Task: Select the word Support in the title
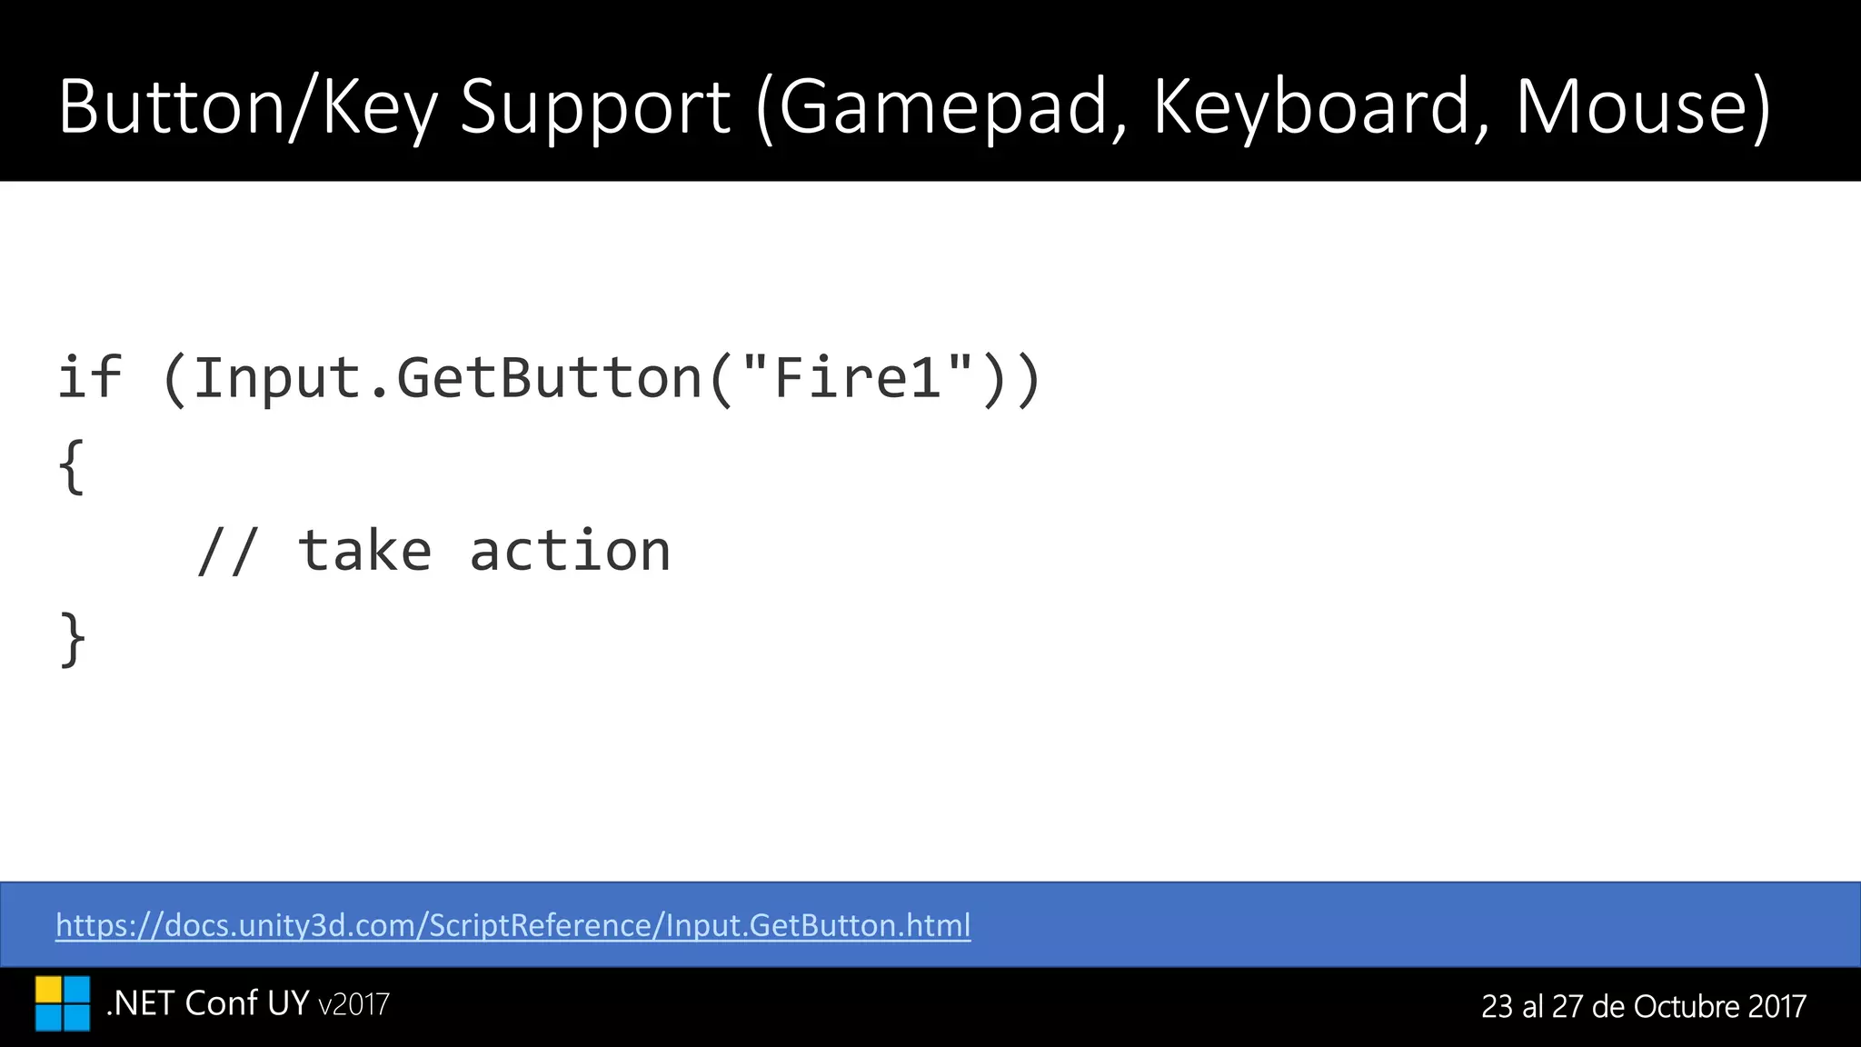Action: [595, 107]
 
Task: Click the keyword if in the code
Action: [89, 377]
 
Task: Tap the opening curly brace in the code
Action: [72, 466]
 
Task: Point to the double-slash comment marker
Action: [226, 552]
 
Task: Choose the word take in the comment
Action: [364, 552]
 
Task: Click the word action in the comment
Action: [570, 552]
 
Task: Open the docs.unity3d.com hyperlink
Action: [513, 925]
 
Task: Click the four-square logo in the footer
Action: [63, 1003]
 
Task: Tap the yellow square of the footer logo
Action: [48, 990]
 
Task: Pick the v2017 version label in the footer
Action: [354, 1004]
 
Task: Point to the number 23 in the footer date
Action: [1497, 1006]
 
